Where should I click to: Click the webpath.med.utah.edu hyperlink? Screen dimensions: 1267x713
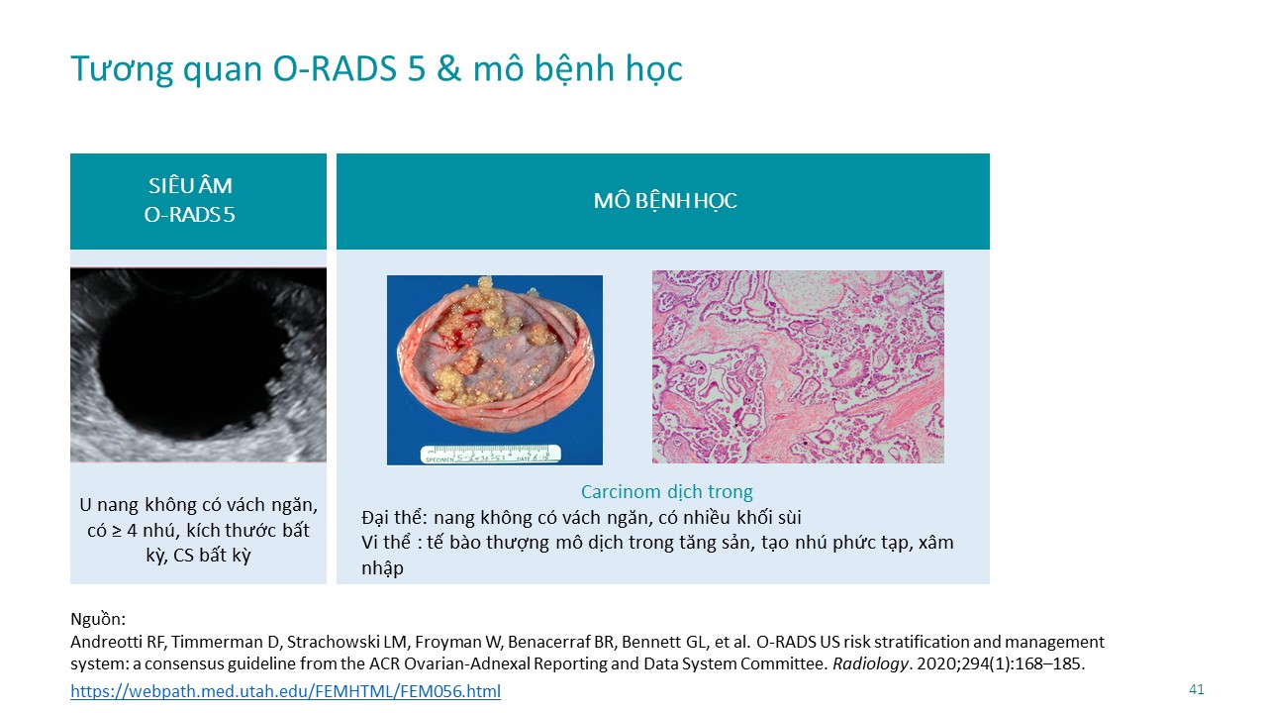coord(285,691)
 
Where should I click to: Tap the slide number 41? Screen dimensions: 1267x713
coord(1196,689)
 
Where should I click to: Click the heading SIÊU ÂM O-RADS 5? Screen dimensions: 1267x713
coord(189,200)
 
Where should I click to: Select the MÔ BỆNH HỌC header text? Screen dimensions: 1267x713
coord(665,201)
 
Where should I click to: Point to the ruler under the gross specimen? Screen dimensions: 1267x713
coord(490,455)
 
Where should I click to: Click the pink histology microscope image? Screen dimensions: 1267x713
coord(798,366)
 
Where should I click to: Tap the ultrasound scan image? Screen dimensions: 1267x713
coord(198,365)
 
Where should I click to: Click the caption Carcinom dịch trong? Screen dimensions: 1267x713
coord(666,492)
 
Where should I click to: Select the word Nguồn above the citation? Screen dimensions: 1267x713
coord(98,619)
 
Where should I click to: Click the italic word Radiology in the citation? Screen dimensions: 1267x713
coord(870,663)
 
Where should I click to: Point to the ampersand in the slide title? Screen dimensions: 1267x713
coord(448,69)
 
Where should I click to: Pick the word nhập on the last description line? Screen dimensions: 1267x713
coord(382,568)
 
